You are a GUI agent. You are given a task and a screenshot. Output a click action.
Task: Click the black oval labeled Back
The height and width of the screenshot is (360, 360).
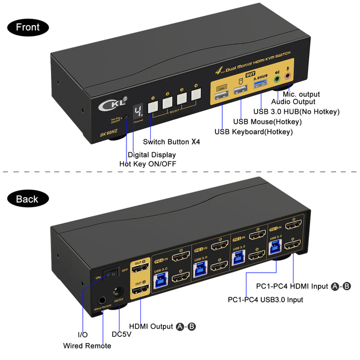28,199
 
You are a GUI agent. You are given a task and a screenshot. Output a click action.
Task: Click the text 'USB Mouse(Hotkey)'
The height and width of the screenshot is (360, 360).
267,121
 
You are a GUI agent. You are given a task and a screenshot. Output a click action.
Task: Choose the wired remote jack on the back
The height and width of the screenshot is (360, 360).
102,301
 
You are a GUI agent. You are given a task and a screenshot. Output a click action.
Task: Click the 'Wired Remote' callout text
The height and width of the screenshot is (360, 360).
87,346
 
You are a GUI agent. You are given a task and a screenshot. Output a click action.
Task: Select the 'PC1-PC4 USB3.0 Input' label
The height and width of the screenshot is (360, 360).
265,299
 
